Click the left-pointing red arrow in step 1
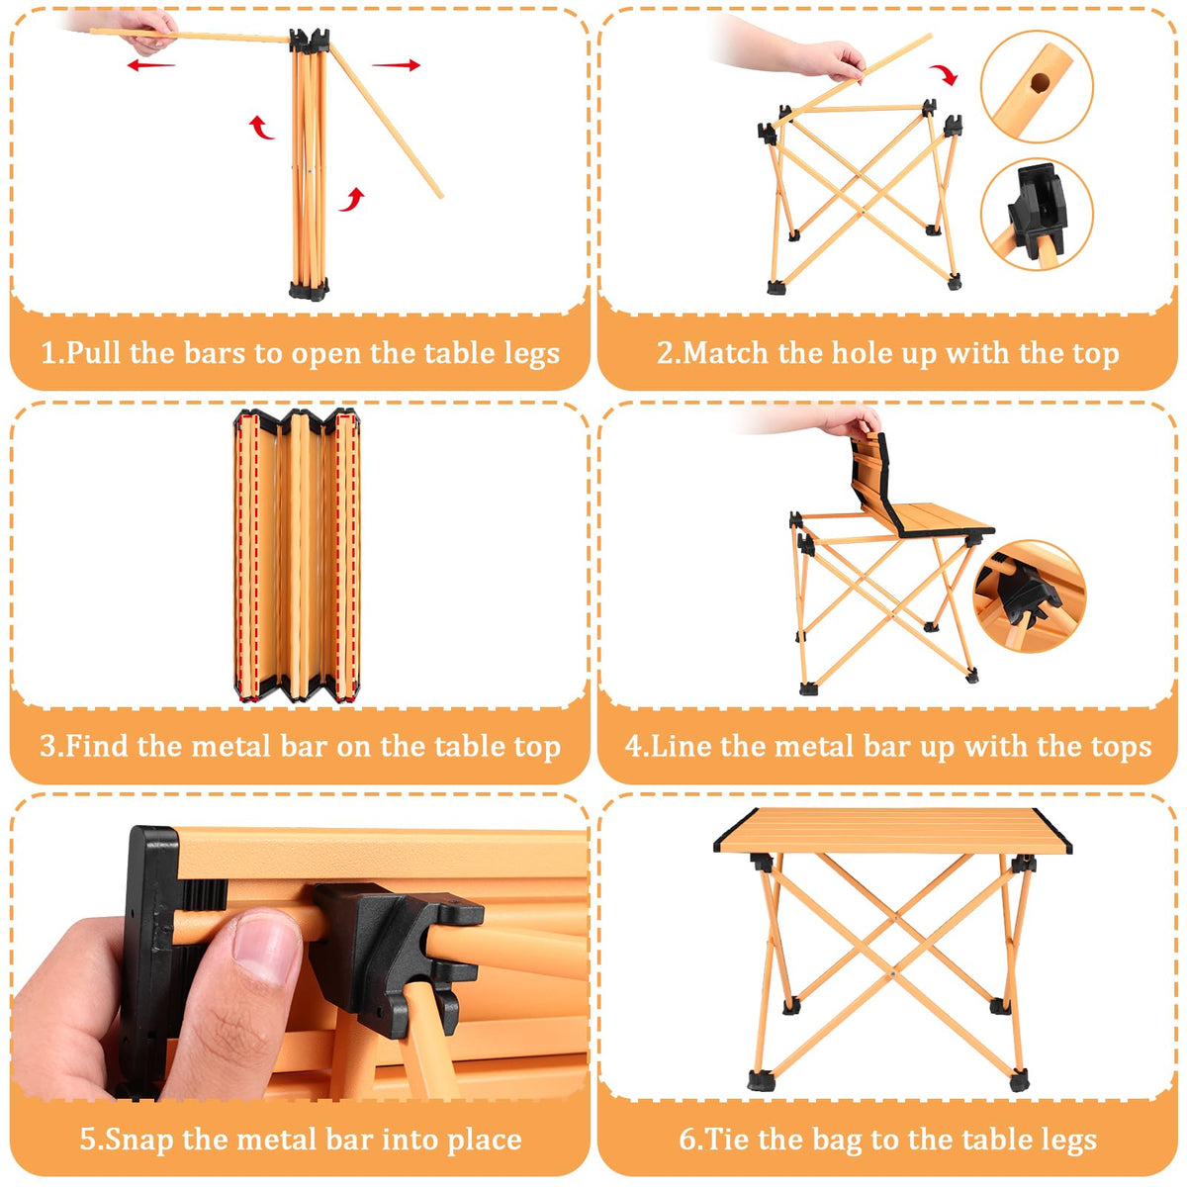point(151,64)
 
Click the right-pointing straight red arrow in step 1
point(396,64)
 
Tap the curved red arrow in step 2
point(944,75)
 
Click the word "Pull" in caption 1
point(92,353)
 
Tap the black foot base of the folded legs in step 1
point(309,290)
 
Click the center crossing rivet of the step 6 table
point(892,975)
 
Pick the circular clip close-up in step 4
point(1030,596)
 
